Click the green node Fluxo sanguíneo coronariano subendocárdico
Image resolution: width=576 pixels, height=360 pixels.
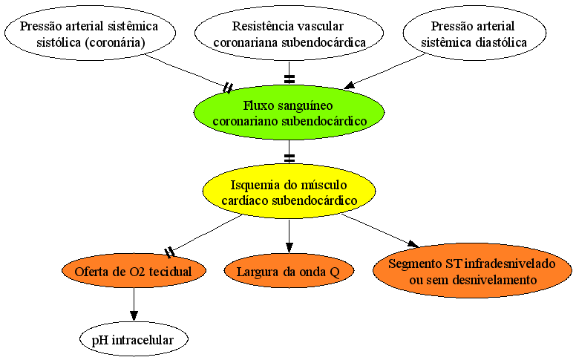point(289,113)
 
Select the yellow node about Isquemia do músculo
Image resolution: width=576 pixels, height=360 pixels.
point(289,192)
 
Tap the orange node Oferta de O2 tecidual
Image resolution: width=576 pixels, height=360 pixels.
point(134,271)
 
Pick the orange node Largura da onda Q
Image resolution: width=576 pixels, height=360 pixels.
point(289,271)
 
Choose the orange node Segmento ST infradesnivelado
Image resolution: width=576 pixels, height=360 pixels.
point(472,271)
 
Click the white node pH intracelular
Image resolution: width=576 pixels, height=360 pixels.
point(134,339)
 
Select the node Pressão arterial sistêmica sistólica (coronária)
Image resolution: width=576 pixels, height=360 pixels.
point(90,33)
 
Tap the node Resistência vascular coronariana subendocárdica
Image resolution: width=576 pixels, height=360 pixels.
point(289,33)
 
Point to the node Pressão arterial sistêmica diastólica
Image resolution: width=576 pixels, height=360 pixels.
point(474,33)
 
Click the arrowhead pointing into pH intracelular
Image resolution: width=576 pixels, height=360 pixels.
point(134,316)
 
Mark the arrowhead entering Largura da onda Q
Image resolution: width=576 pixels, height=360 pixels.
point(289,248)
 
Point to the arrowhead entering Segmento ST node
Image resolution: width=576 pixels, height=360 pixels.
point(413,244)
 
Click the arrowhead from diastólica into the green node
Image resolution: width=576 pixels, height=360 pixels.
point(350,85)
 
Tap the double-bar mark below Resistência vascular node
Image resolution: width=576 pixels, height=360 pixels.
point(289,79)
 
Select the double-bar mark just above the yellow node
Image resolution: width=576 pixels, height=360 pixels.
point(289,158)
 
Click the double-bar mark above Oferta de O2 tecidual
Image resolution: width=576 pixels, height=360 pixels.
point(169,252)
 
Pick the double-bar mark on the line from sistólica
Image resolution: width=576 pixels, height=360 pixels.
point(228,88)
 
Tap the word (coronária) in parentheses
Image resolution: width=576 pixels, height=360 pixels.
point(115,42)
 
